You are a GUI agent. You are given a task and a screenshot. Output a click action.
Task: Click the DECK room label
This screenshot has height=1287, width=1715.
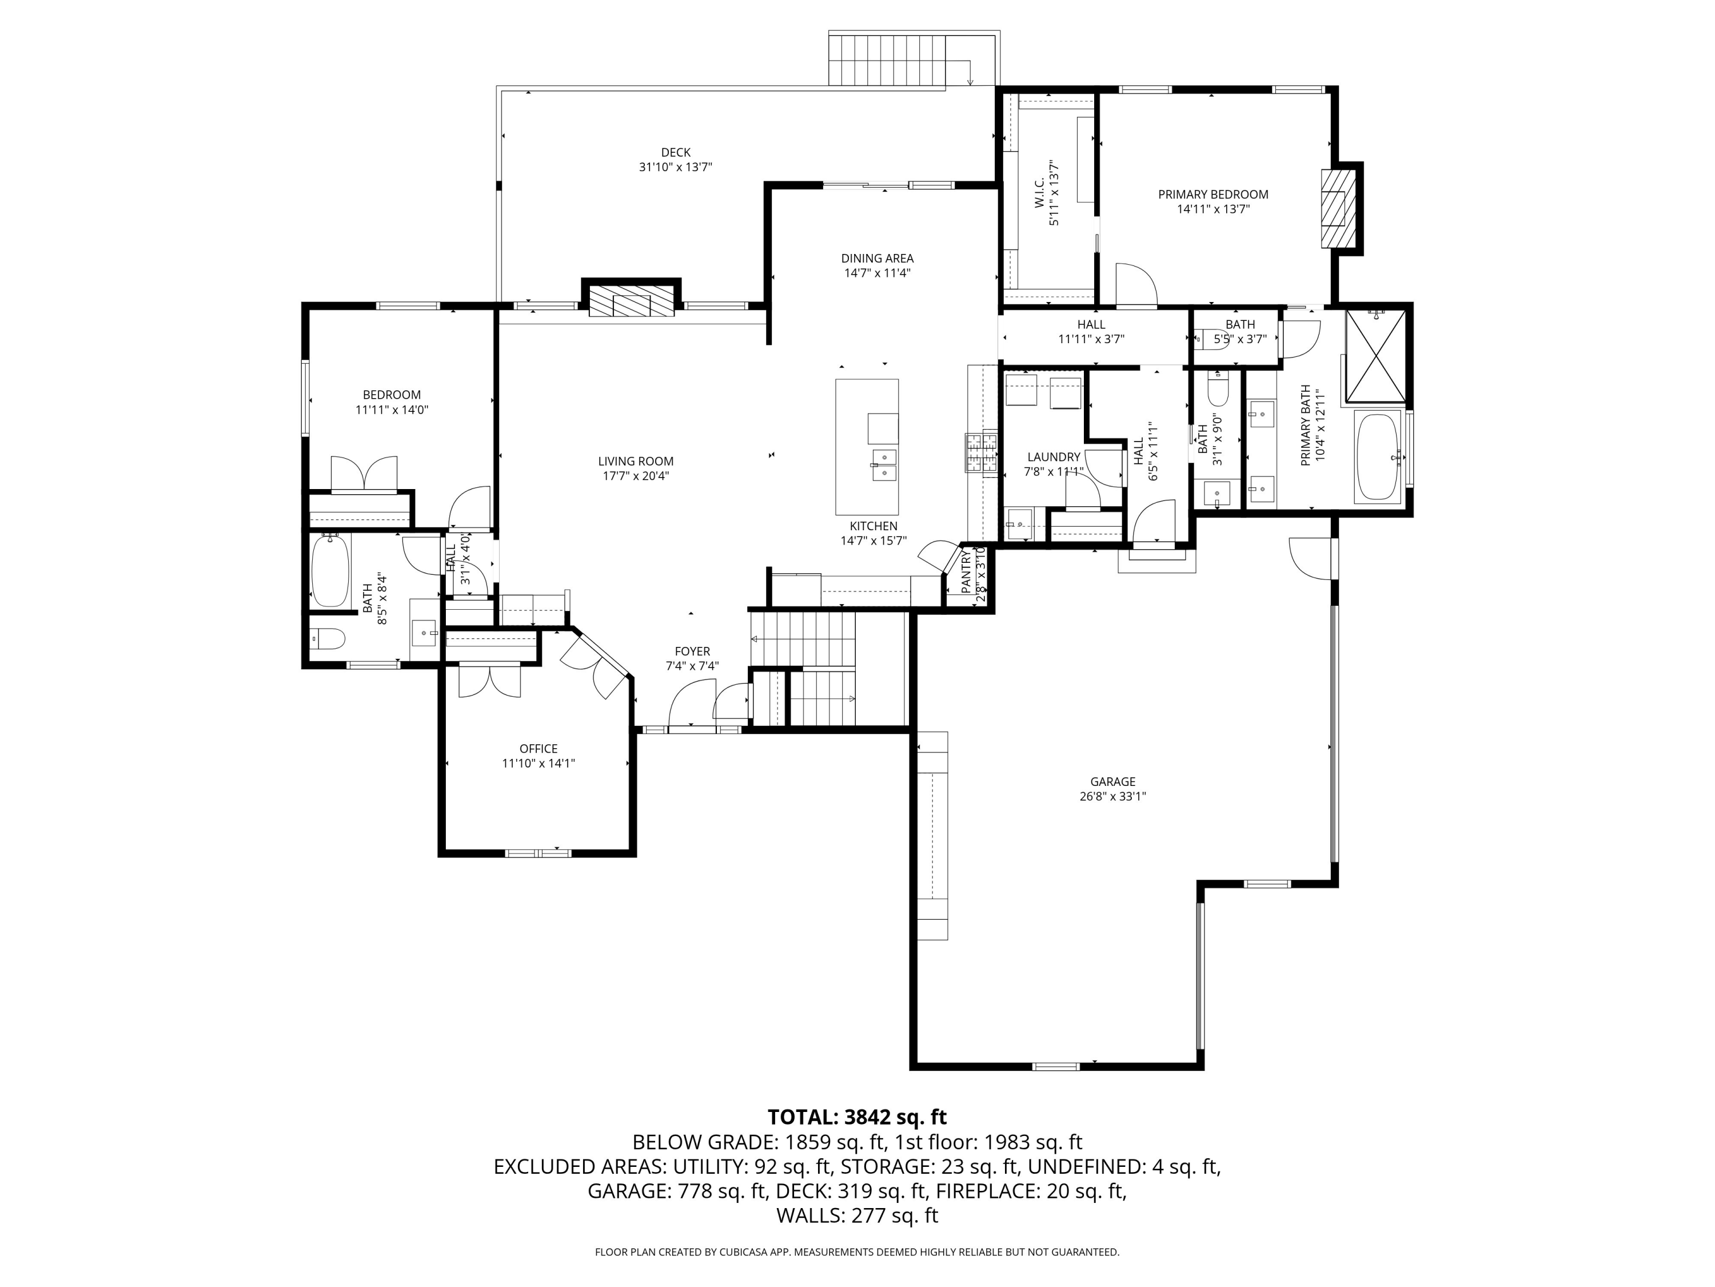pyautogui.click(x=675, y=153)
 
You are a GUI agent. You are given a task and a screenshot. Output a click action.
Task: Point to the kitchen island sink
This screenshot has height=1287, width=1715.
pyautogui.click(x=883, y=464)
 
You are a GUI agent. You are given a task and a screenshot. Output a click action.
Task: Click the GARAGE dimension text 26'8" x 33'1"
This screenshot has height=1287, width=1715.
pyautogui.click(x=1112, y=796)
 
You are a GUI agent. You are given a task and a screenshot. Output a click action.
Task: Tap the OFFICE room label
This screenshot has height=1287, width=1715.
pyautogui.click(x=538, y=749)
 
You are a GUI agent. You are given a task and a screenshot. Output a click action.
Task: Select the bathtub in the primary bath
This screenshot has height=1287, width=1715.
pyautogui.click(x=1377, y=457)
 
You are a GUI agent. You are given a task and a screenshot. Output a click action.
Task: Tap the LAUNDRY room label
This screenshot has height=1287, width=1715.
pyautogui.click(x=1053, y=457)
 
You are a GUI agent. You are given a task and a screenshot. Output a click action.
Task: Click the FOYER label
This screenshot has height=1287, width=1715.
pyautogui.click(x=692, y=652)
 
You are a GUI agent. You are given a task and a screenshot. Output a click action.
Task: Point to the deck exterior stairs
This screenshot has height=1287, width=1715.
pyautogui.click(x=887, y=61)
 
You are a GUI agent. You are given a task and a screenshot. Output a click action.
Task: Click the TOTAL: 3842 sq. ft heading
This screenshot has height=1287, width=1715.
pyautogui.click(x=857, y=1117)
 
